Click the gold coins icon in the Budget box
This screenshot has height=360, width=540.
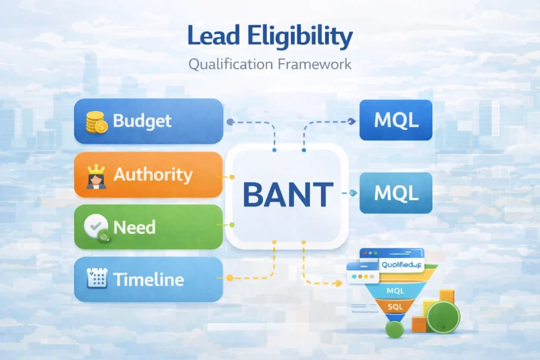pos(97,121)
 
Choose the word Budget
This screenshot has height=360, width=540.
pos(142,121)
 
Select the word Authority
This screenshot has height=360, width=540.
pos(153,174)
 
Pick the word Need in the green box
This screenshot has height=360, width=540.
pos(134,227)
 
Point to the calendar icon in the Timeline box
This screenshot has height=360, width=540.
pos(96,278)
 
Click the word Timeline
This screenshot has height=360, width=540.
pos(149,279)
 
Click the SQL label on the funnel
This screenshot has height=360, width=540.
pos(394,306)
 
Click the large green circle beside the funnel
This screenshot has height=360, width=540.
pos(443,317)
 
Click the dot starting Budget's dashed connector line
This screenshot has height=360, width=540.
pos(230,122)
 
